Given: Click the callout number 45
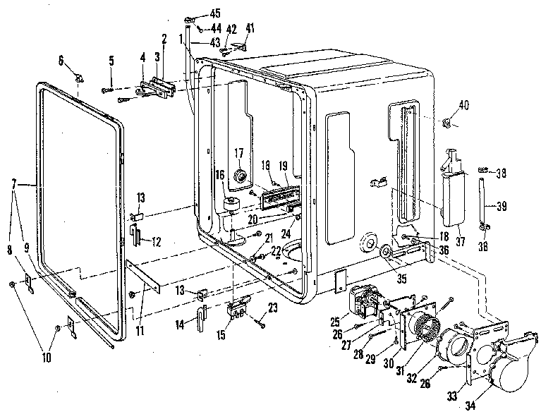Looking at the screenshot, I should [214, 13].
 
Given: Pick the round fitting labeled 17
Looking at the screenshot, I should [239, 174].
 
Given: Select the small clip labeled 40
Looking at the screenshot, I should [446, 124].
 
